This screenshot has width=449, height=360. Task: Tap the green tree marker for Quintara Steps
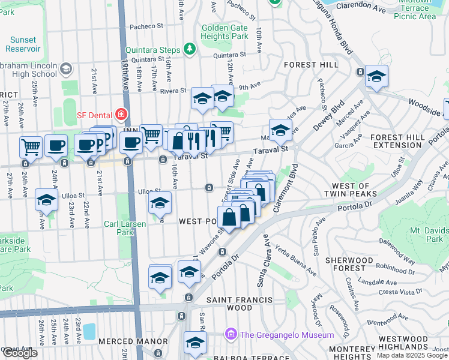190,48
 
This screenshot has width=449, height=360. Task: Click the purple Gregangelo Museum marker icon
230,334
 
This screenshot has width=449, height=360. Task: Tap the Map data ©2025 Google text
411,355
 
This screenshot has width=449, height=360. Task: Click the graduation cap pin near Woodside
376,76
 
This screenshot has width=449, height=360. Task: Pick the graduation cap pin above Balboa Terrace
195,343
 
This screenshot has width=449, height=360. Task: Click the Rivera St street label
173,91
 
